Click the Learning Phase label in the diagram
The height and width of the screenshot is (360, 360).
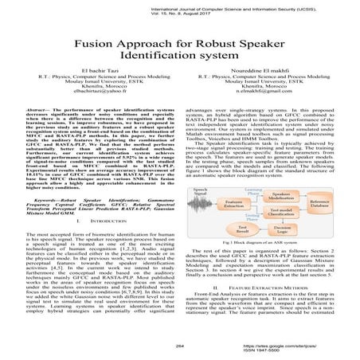click(250, 193)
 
